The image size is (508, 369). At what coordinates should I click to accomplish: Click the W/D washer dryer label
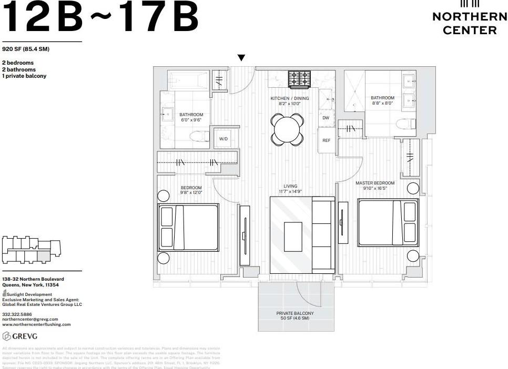pos(223,139)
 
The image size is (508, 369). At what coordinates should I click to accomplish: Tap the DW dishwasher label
pos(326,118)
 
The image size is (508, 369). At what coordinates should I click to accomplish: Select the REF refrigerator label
pos(326,140)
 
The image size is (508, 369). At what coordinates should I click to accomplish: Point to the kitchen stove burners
pos(299,79)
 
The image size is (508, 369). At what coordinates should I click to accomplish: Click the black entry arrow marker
pos(241,58)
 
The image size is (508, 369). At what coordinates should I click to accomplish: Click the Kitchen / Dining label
pos(290,101)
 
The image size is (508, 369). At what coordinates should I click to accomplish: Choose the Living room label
pos(290,189)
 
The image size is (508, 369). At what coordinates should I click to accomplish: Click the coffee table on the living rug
pos(293,237)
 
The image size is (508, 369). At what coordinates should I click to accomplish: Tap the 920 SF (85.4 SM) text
pos(25,49)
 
